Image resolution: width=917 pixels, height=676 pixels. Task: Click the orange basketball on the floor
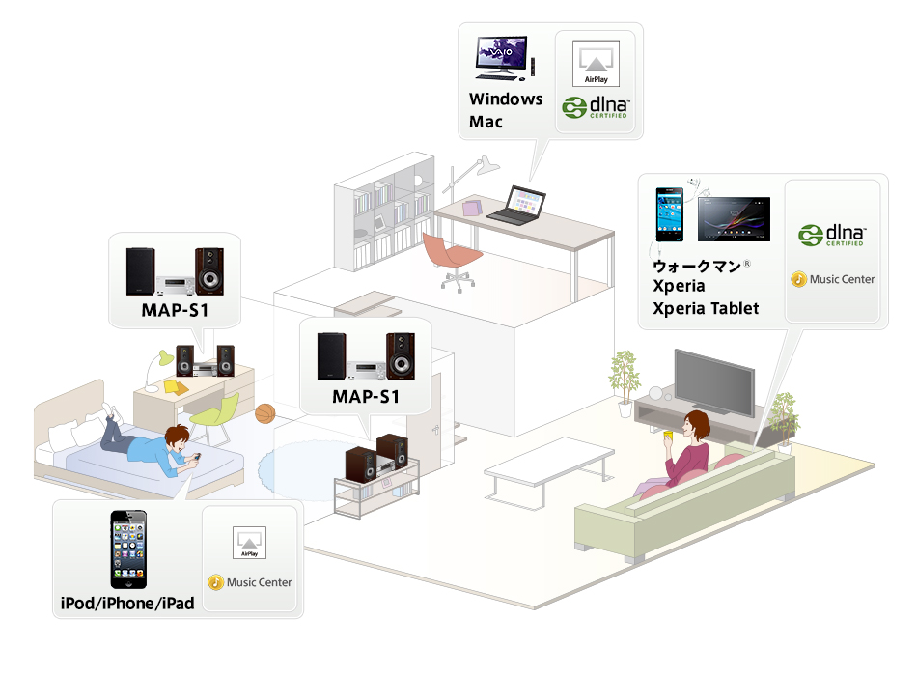click(x=266, y=414)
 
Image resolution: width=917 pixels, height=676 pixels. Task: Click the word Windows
click(x=506, y=99)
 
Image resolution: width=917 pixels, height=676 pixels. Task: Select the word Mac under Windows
click(x=486, y=122)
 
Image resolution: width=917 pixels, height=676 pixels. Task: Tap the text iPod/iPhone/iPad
click(x=126, y=604)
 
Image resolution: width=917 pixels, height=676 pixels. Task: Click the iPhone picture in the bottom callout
click(x=127, y=549)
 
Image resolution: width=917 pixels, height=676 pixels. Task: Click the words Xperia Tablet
click(x=706, y=308)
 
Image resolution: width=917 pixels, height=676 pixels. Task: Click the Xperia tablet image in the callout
click(x=733, y=219)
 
